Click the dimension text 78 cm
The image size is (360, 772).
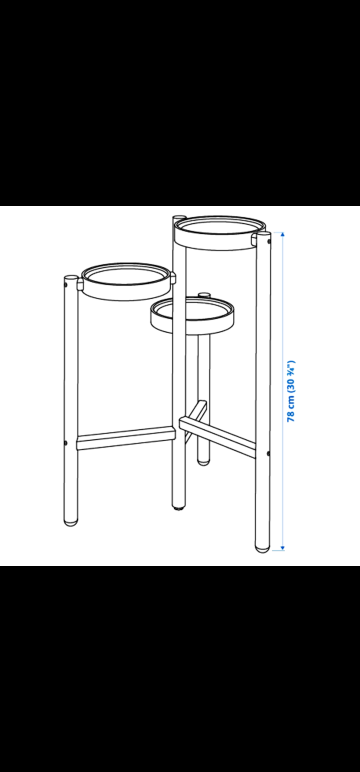click(291, 405)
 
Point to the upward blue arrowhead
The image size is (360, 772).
click(282, 235)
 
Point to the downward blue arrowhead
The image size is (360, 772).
click(282, 547)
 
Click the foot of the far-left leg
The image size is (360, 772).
click(71, 521)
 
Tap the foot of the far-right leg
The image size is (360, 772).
click(262, 547)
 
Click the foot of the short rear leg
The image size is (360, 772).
click(203, 461)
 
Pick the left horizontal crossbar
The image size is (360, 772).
click(126, 438)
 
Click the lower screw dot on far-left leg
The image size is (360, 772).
click(66, 442)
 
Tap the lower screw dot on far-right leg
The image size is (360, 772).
click(268, 453)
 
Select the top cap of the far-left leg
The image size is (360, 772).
click(71, 278)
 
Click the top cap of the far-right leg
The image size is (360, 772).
click(263, 236)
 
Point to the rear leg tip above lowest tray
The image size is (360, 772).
click(204, 295)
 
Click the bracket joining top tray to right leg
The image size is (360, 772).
click(254, 238)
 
